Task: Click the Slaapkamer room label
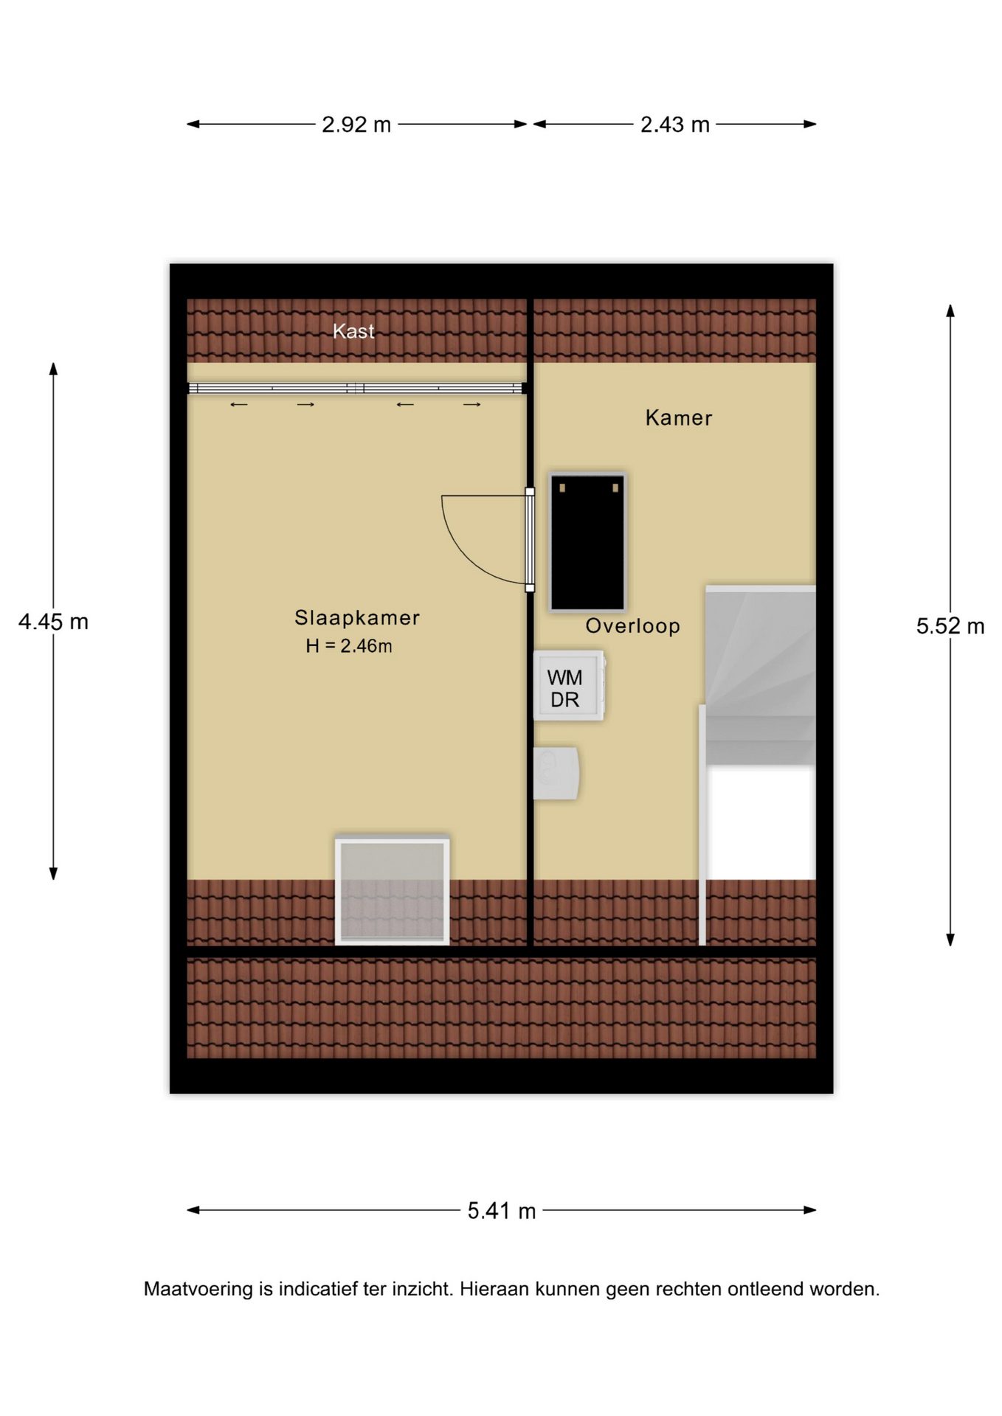pyautogui.click(x=357, y=618)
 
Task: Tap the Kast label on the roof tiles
pyautogui.click(x=353, y=332)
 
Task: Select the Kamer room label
pyautogui.click(x=679, y=418)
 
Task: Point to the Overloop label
pyautogui.click(x=632, y=626)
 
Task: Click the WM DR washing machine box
pyautogui.click(x=569, y=686)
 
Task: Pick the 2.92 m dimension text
pyautogui.click(x=356, y=125)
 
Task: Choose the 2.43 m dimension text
pyautogui.click(x=675, y=125)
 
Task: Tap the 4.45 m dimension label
pyautogui.click(x=53, y=622)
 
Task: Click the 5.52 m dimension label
pyautogui.click(x=950, y=626)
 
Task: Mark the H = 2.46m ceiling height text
pyautogui.click(x=349, y=646)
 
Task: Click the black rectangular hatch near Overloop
pyautogui.click(x=588, y=543)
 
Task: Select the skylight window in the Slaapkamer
pyautogui.click(x=392, y=890)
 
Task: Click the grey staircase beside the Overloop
pyautogui.click(x=760, y=675)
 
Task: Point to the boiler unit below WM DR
pyautogui.click(x=556, y=773)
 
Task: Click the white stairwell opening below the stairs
pyautogui.click(x=760, y=823)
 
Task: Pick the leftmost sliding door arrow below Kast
pyautogui.click(x=239, y=405)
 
